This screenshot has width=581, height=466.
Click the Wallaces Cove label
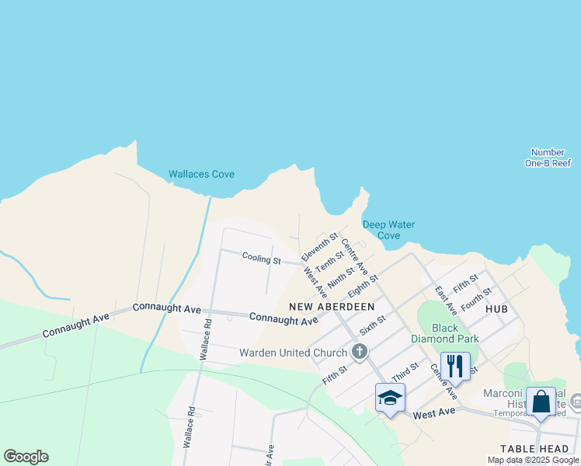coord(201,174)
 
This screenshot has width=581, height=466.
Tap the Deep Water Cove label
coord(388,230)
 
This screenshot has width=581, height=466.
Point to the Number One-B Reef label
coord(548,158)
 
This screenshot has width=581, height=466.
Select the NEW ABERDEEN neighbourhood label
coord(332,307)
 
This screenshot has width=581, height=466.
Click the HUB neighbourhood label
coord(496,309)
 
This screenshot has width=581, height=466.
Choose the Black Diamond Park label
coord(456,333)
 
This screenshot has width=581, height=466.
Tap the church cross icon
coord(359,353)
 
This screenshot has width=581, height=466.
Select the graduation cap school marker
coord(390,398)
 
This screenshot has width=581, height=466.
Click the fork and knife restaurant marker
coord(455,365)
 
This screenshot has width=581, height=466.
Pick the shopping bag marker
coord(541,402)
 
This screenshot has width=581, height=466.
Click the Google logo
coord(26,457)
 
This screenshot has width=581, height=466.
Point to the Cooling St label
coord(261,259)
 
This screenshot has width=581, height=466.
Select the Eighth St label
coord(363,285)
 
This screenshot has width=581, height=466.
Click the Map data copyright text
coord(533,460)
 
